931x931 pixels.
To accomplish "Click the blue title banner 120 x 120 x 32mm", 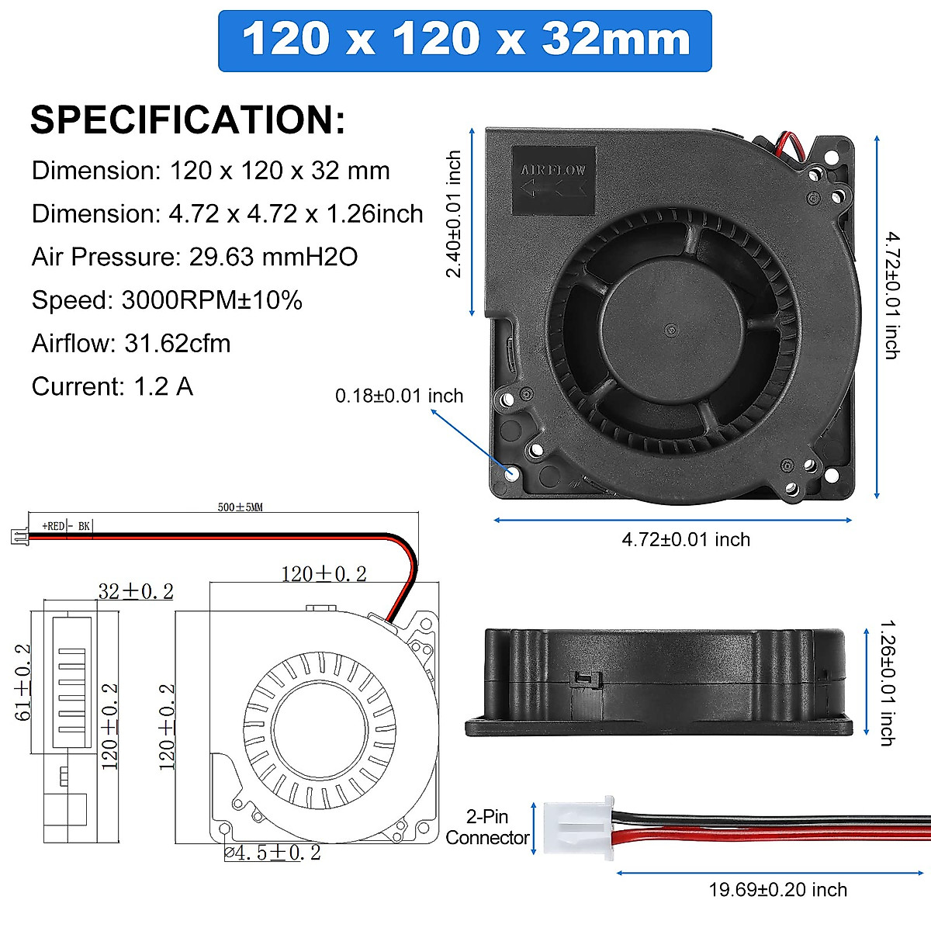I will (465, 40).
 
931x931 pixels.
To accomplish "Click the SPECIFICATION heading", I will (188, 120).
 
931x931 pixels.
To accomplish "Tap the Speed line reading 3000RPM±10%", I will (167, 300).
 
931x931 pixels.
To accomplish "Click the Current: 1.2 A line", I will (112, 386).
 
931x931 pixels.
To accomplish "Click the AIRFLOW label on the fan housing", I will (553, 170).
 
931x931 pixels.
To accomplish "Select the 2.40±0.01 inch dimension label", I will (454, 214).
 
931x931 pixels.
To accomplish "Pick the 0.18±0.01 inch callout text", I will (399, 396).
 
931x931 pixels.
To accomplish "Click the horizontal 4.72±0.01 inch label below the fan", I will (686, 540).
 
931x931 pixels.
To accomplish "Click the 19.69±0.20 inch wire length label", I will (777, 890).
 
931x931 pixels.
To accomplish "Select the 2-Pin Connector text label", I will (487, 827).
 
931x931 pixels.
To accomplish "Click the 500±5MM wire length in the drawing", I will (240, 507).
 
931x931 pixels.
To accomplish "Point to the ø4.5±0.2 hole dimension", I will (272, 853).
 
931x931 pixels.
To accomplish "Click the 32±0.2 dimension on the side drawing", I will (136, 592).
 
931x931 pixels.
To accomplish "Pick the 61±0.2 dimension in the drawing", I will (23, 682).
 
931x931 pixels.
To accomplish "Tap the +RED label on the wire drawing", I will (54, 526).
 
